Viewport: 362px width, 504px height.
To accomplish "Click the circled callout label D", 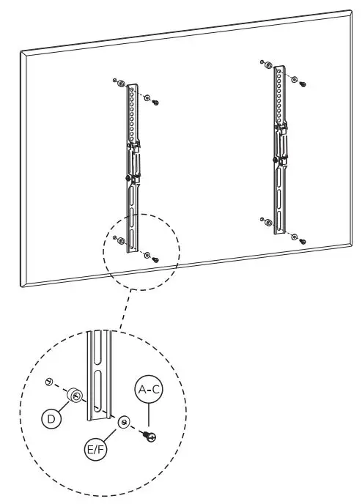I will (x=52, y=420).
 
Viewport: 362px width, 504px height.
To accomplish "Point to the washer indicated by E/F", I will (x=125, y=423).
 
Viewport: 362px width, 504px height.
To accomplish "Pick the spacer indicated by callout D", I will (x=75, y=396).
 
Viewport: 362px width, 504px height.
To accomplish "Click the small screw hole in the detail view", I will (x=48, y=382).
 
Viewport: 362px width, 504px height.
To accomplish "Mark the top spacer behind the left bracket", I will (x=122, y=83).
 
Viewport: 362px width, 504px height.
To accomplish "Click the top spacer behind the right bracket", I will (x=269, y=66).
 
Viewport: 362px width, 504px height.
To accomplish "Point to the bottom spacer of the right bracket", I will (x=268, y=222).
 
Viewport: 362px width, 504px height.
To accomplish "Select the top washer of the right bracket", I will (x=294, y=78).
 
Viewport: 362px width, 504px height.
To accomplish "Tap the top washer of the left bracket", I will (x=147, y=97).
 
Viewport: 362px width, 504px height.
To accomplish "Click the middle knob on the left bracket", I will (x=128, y=177).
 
